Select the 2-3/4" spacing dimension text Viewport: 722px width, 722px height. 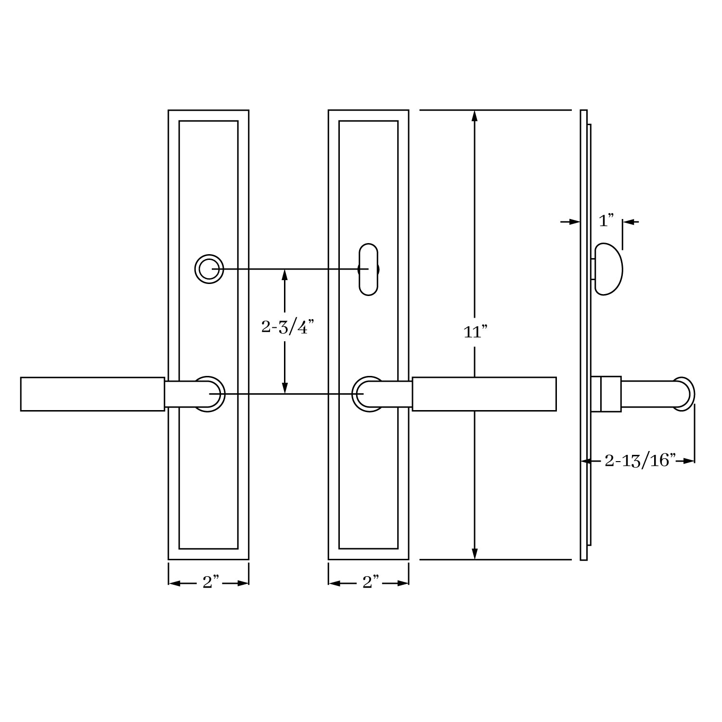point(287,327)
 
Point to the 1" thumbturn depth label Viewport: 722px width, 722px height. point(606,221)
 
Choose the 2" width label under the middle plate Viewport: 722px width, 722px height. point(371,582)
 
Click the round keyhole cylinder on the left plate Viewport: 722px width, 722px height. point(209,269)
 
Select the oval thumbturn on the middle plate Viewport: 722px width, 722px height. point(369,269)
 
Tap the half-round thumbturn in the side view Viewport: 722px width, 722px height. point(608,269)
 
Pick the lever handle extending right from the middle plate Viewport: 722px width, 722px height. point(484,394)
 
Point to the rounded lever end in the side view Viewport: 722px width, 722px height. point(683,394)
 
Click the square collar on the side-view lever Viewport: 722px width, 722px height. point(610,394)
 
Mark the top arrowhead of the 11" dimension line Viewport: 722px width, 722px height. point(475,116)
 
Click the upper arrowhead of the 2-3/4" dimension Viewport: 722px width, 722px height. point(284,275)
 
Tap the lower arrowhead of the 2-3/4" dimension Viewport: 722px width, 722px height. point(284,388)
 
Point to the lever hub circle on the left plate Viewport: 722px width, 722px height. point(209,394)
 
